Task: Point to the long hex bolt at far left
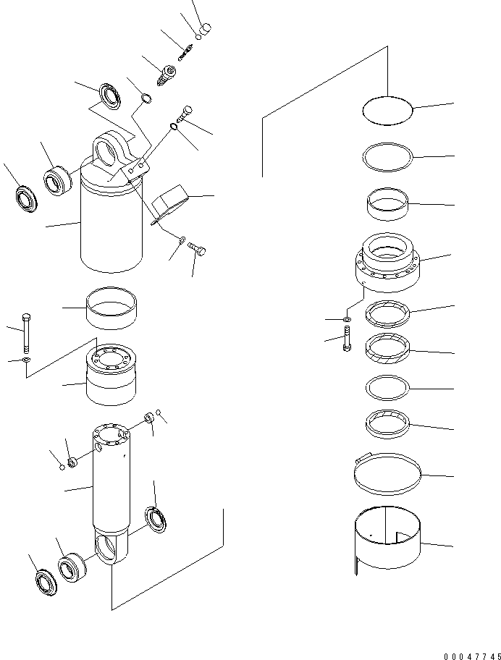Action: pos(26,333)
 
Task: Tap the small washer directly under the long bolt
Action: pos(26,360)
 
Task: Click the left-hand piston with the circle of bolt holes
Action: pos(111,375)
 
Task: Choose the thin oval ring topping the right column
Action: pos(387,111)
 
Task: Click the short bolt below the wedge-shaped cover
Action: pos(198,250)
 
